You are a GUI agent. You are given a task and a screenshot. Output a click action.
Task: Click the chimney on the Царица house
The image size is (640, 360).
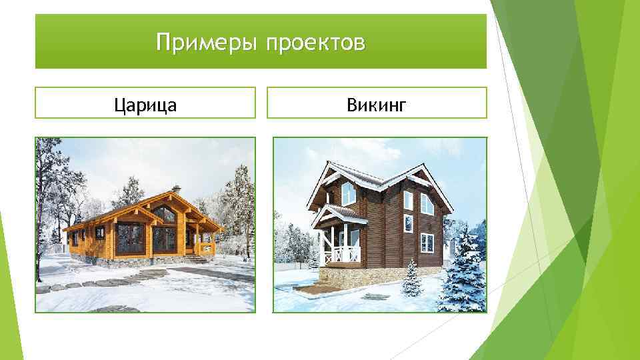pos(175,189)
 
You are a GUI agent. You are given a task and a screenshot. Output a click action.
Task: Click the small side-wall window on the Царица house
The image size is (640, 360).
pos(99,232)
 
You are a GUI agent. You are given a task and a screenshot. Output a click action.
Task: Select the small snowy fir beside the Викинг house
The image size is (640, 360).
pos(411,279)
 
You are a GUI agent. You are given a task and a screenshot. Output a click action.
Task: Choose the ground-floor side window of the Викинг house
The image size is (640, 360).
pos(426,243)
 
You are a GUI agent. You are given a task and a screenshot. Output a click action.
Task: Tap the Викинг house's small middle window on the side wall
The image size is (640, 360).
pos(409,223)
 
